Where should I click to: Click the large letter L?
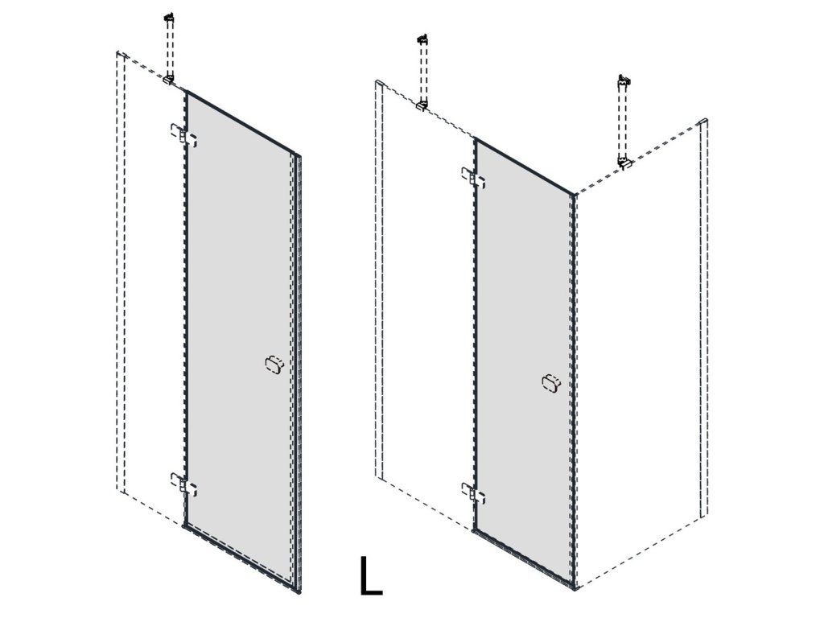pos(370,576)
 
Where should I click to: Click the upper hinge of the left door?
pos(183,135)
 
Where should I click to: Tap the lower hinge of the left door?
pos(183,484)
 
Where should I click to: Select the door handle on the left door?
pos(274,365)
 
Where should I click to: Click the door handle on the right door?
pos(550,382)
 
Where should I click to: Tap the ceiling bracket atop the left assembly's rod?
pos(169,19)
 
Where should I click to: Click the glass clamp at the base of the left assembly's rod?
pos(169,80)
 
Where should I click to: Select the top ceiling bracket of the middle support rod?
pos(422,39)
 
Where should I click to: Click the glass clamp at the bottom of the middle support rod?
pos(422,105)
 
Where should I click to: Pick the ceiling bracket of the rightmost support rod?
pos(624,80)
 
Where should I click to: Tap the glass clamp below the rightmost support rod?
pos(624,163)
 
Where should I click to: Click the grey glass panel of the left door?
pos(239,336)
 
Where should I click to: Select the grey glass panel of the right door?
pos(523,363)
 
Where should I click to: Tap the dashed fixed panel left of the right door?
pos(426,305)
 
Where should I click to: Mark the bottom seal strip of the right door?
pos(524,558)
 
